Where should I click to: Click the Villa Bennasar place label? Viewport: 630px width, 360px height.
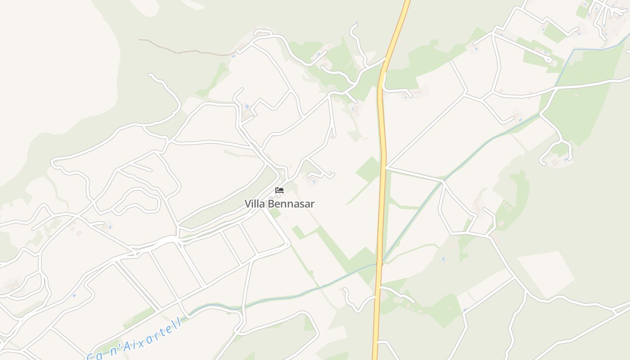[x=279, y=204]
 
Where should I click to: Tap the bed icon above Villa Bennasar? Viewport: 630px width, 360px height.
[x=279, y=190]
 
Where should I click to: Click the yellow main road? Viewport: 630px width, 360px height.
[x=382, y=180]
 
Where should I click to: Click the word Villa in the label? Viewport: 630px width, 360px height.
[x=255, y=204]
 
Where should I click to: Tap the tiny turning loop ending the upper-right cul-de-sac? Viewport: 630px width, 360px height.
[x=548, y=59]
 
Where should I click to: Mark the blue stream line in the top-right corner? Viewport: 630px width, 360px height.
[x=598, y=49]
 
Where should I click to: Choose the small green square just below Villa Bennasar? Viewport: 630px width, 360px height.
[x=297, y=232]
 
